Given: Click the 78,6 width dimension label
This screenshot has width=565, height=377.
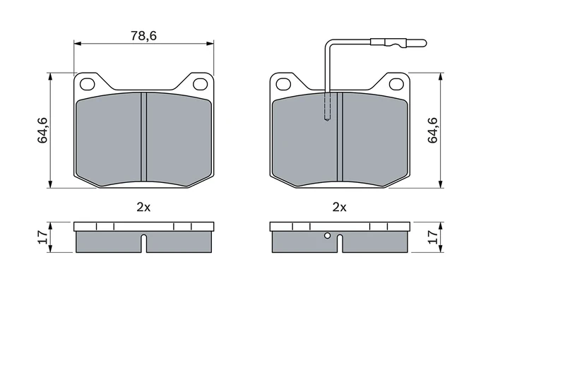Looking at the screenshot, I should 143,35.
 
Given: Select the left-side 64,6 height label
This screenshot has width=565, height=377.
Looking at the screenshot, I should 42,130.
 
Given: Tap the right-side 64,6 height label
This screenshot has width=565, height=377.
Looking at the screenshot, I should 433,130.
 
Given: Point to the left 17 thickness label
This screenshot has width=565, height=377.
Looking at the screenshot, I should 42,237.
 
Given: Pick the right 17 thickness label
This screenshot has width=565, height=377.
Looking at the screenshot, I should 433,237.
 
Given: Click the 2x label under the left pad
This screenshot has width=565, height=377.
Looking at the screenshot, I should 143,207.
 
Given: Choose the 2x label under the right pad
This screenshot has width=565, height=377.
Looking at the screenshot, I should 340,207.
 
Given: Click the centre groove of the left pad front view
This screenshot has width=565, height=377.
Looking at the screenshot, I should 143,138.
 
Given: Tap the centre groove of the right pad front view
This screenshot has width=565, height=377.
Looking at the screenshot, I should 340,138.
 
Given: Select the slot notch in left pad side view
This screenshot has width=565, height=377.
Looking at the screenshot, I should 143,244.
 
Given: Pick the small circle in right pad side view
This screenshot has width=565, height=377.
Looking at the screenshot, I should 327,237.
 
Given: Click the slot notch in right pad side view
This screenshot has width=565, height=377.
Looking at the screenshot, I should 340,244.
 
